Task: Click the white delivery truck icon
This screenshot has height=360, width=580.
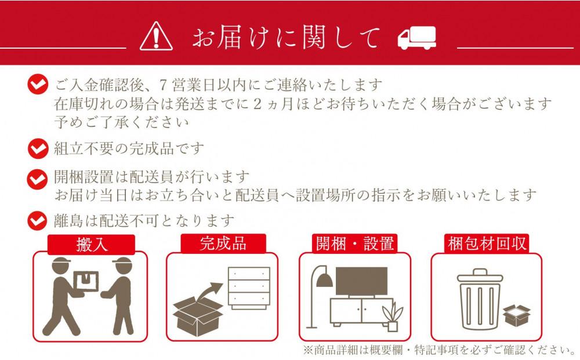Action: (x=416, y=38)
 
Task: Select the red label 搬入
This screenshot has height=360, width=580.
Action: (x=92, y=244)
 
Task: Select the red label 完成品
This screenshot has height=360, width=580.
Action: (x=223, y=243)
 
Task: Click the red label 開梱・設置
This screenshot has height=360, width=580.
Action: (x=354, y=243)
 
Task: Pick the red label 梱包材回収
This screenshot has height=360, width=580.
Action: (x=487, y=243)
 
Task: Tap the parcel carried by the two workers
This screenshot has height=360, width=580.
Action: (x=86, y=281)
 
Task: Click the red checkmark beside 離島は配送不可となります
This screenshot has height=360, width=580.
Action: (x=38, y=221)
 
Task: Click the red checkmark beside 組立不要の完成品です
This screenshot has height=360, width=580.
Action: (x=38, y=149)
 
